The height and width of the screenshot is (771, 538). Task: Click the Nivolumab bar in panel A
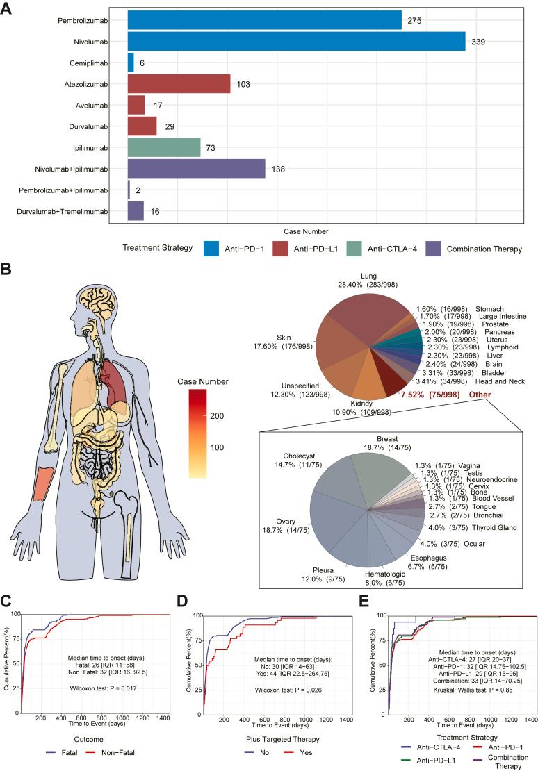click(296, 41)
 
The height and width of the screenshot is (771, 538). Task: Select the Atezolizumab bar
click(179, 83)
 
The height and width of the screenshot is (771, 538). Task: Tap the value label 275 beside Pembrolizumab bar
click(414, 20)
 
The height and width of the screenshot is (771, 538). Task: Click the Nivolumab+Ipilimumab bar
click(196, 169)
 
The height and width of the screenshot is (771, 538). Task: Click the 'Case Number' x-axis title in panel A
click(307, 231)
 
